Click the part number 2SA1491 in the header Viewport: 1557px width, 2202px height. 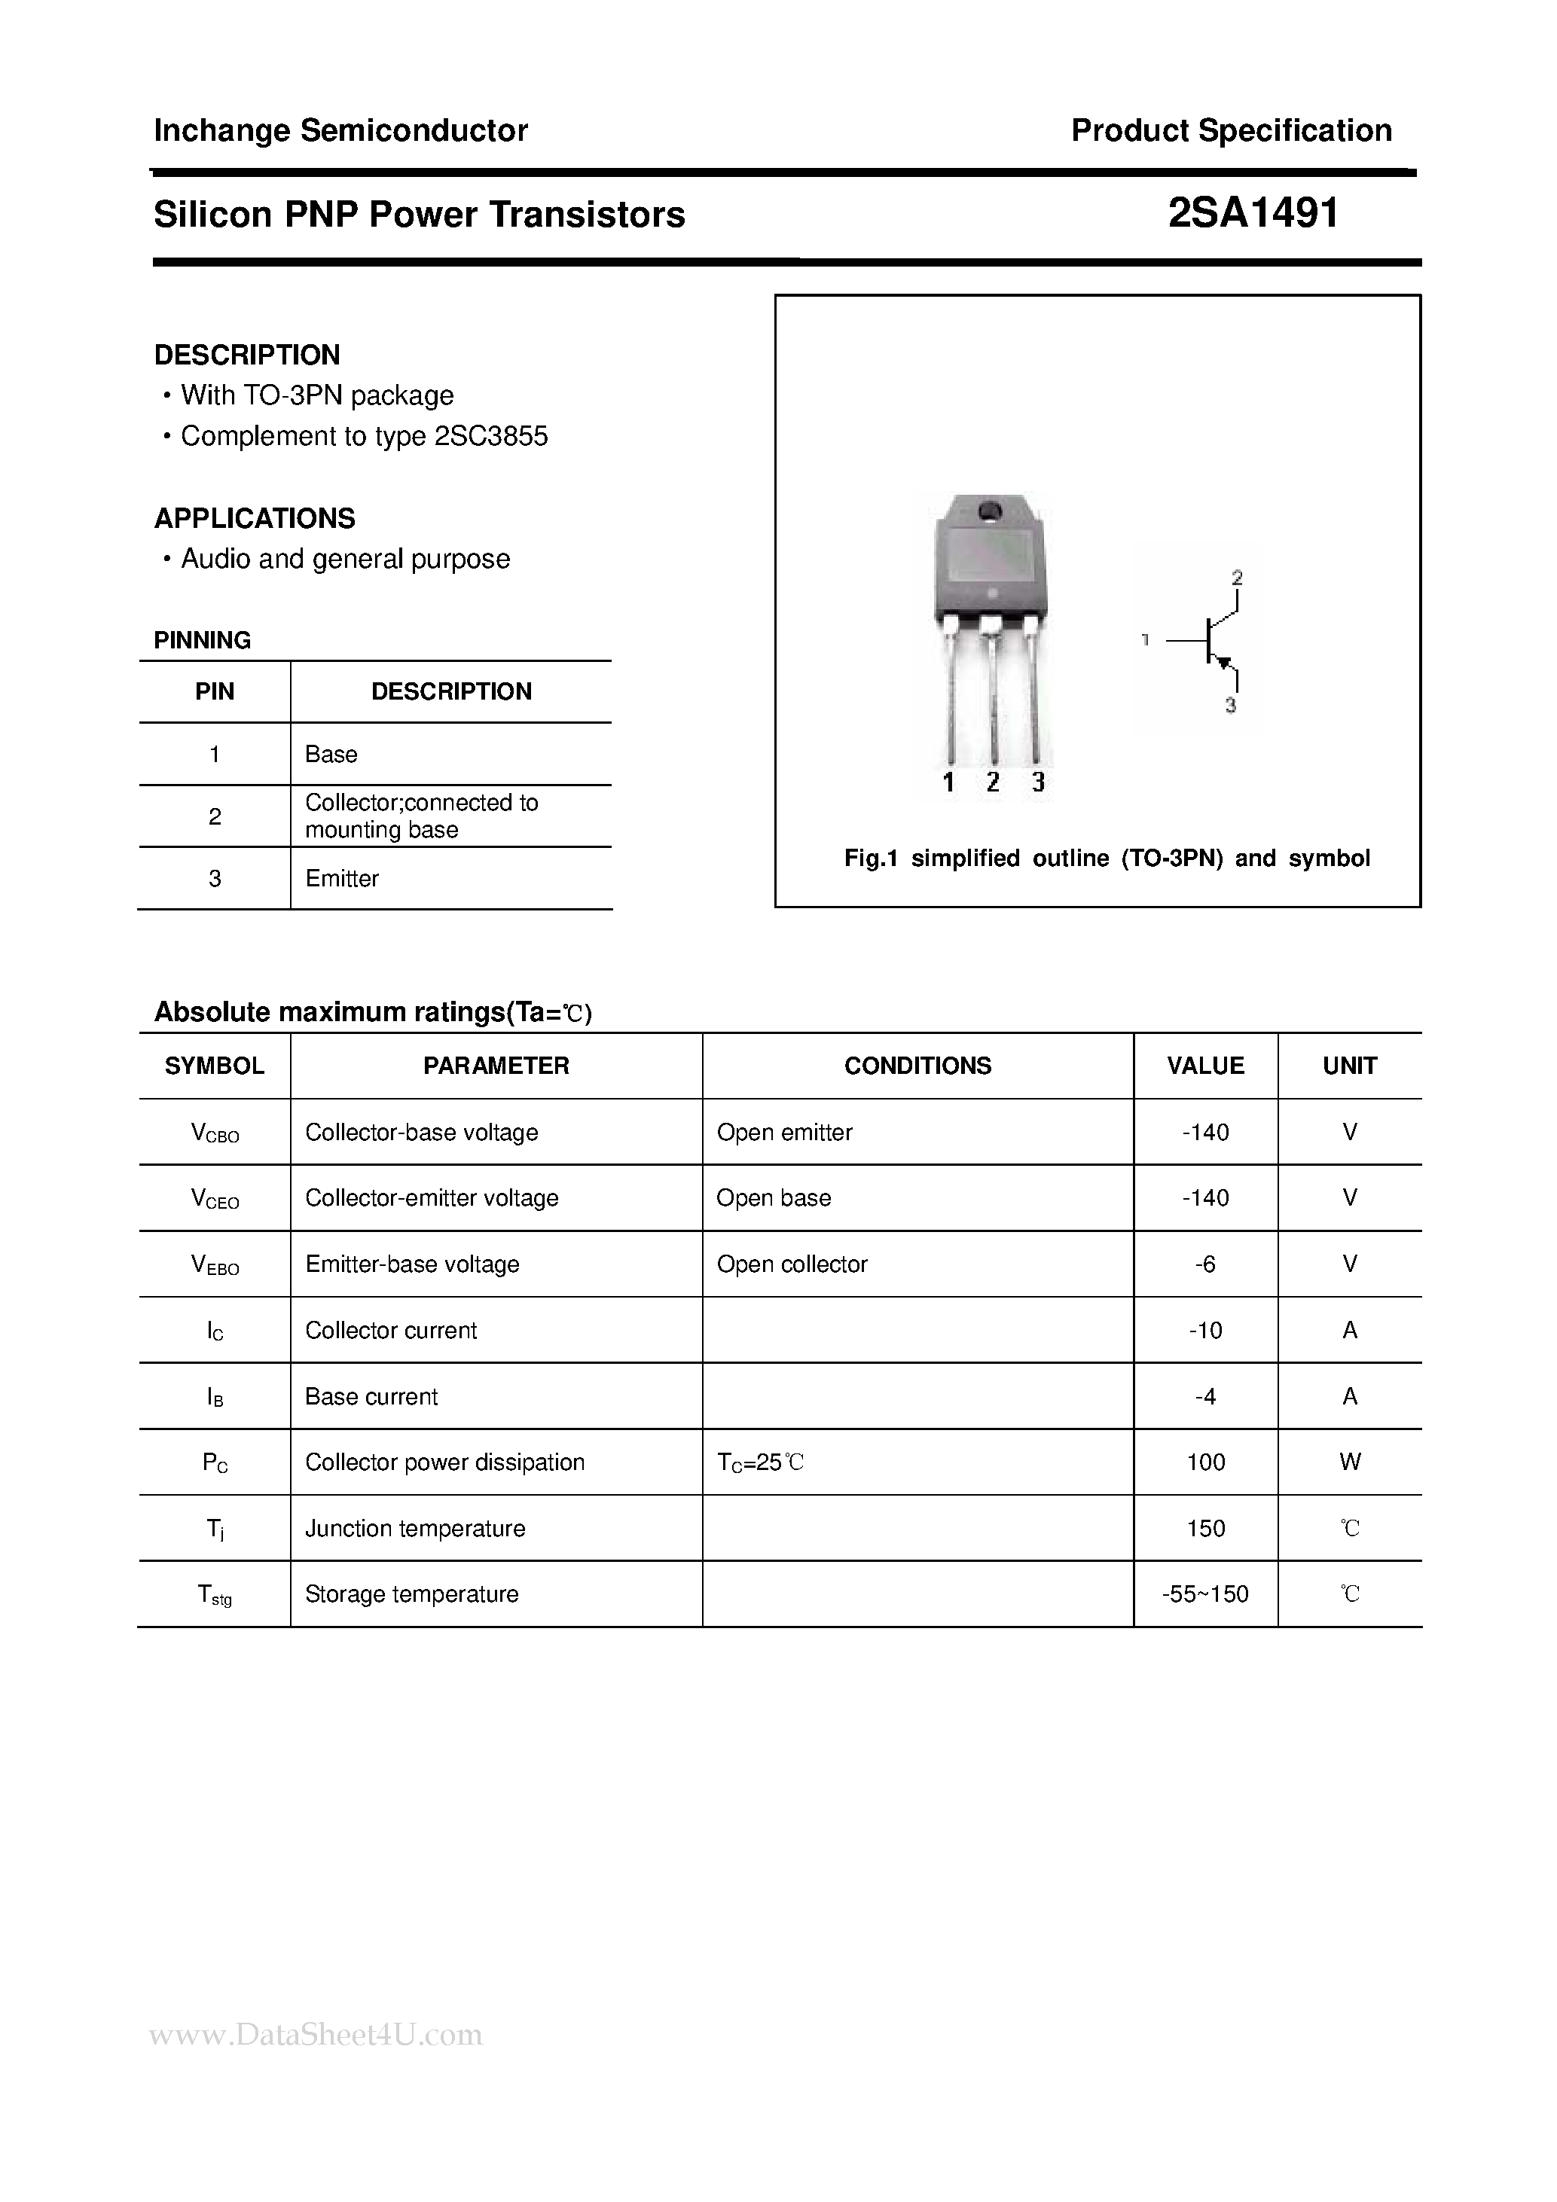pos(1253,213)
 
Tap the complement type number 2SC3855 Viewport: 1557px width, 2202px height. pos(491,436)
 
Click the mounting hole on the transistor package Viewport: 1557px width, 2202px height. pos(989,511)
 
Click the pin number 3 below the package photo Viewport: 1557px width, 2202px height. pos(1038,782)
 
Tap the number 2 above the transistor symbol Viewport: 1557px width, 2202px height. pos(1237,578)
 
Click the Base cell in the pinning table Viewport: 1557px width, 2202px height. pos(331,755)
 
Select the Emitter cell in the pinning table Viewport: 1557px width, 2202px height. pos(341,879)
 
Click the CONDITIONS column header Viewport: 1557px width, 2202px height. pos(917,1066)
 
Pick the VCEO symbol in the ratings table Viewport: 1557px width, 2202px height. pos(215,1199)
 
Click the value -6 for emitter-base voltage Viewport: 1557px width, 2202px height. pos(1205,1264)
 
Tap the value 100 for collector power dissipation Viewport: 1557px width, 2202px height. pos(1205,1462)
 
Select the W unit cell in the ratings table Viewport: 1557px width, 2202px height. pos(1349,1462)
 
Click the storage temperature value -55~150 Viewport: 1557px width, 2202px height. pos(1205,1594)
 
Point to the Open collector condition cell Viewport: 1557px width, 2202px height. pos(792,1264)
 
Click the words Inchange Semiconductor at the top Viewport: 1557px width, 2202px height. pos(340,130)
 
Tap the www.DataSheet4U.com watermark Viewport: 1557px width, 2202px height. pos(316,2035)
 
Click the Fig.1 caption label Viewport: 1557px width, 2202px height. pos(870,859)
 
